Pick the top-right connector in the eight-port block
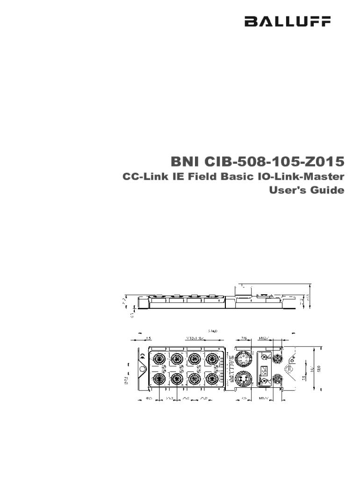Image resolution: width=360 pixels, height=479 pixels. [x=213, y=359]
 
